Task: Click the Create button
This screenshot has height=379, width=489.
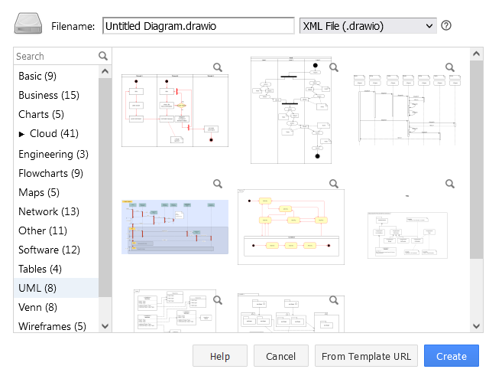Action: click(x=451, y=356)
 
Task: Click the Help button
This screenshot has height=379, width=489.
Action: click(x=220, y=356)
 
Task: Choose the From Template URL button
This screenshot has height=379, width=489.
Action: click(x=366, y=356)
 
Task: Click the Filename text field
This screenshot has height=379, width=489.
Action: click(x=198, y=26)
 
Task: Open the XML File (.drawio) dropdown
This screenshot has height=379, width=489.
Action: click(x=368, y=26)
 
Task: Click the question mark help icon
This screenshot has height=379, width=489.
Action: click(x=446, y=25)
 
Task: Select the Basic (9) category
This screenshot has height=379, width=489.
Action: click(x=37, y=76)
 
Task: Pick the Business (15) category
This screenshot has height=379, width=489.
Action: click(x=48, y=95)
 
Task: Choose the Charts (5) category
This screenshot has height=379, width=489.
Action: click(x=40, y=114)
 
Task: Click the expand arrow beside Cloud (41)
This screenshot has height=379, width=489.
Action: click(x=21, y=134)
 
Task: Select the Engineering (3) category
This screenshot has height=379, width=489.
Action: click(x=53, y=154)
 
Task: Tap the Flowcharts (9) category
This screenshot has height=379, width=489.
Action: click(x=50, y=173)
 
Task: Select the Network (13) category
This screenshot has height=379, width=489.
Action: click(x=48, y=211)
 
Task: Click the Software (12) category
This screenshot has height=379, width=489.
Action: click(x=49, y=250)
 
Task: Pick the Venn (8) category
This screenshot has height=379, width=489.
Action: click(x=37, y=307)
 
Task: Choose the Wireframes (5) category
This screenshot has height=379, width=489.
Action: click(x=52, y=326)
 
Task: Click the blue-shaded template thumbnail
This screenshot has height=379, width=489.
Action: click(x=174, y=227)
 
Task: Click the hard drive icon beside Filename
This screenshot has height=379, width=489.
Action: click(x=29, y=25)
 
